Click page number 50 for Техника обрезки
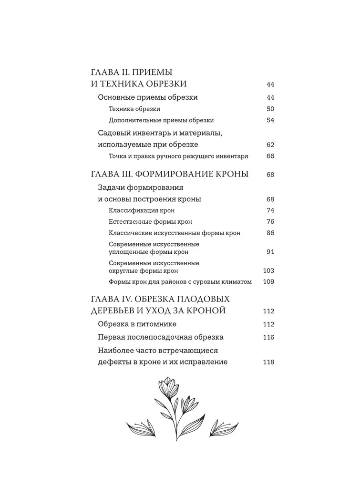(270, 109)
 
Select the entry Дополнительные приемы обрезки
(161, 120)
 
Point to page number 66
(270, 156)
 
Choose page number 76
(270, 222)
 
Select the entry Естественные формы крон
(150, 222)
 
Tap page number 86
(270, 233)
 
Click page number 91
(270, 252)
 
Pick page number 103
(269, 270)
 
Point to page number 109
(269, 282)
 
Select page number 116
(269, 337)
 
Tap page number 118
(269, 362)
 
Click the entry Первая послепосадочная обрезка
(161, 337)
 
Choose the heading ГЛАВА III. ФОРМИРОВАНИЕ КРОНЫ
(169, 175)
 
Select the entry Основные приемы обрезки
(148, 97)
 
